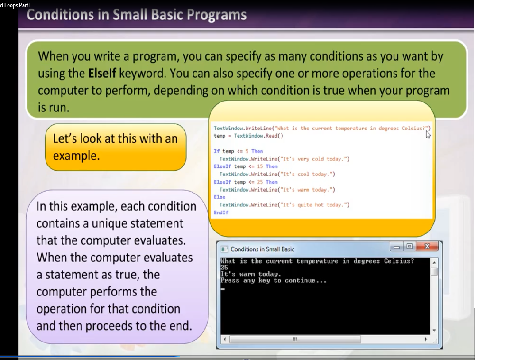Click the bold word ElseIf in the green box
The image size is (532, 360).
coord(102,74)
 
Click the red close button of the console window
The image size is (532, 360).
coord(427,246)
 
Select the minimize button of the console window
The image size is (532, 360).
coord(396,247)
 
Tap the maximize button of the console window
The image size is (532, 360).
coord(410,246)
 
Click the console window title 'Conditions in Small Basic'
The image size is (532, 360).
coord(262,249)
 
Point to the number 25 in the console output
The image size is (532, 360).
coord(224,268)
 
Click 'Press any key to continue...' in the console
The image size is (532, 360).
coord(273,281)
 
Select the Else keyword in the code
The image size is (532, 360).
coord(220,197)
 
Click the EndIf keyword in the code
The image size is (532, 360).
coord(221,212)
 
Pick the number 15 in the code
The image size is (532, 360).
coord(260,166)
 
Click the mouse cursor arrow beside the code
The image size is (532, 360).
coord(428,134)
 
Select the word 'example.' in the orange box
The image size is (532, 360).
coord(76,156)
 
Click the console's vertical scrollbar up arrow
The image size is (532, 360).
coord(434,263)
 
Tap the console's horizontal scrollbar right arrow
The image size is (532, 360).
coord(426,339)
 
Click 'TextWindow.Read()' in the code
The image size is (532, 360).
coord(258,136)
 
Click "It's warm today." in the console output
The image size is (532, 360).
coord(251,274)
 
